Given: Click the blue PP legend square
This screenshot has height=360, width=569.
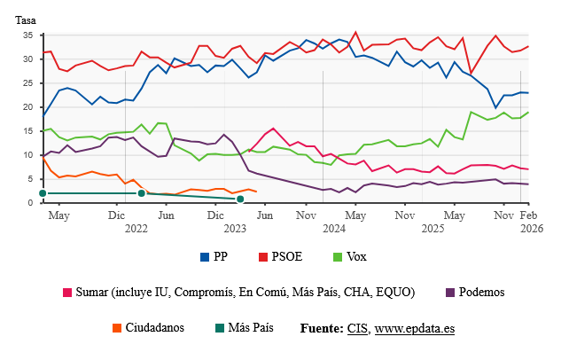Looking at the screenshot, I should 205,257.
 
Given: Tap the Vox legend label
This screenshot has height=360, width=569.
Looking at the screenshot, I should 355,257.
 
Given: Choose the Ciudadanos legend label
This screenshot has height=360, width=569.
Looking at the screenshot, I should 154,327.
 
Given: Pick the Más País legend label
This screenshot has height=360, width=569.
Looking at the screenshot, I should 251,327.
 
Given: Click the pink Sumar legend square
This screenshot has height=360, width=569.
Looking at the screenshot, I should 67,293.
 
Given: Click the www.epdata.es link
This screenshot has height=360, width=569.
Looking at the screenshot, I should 415,328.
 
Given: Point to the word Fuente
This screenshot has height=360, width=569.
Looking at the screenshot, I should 322,328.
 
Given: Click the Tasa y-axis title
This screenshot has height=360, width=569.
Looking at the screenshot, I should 27,20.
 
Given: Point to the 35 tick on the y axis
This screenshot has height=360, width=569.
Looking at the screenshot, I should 27,35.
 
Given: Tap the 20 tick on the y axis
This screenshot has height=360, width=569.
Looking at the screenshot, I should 27,107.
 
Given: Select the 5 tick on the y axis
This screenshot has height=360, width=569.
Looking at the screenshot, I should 30,179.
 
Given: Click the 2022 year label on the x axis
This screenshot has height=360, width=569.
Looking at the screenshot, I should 136,228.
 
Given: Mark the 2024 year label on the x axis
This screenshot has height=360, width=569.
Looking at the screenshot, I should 334,228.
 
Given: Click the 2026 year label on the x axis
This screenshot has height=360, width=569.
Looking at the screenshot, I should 529,228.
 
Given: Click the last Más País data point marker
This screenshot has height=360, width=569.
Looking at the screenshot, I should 240,199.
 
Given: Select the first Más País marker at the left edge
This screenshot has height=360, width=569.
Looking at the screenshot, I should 42,193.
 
